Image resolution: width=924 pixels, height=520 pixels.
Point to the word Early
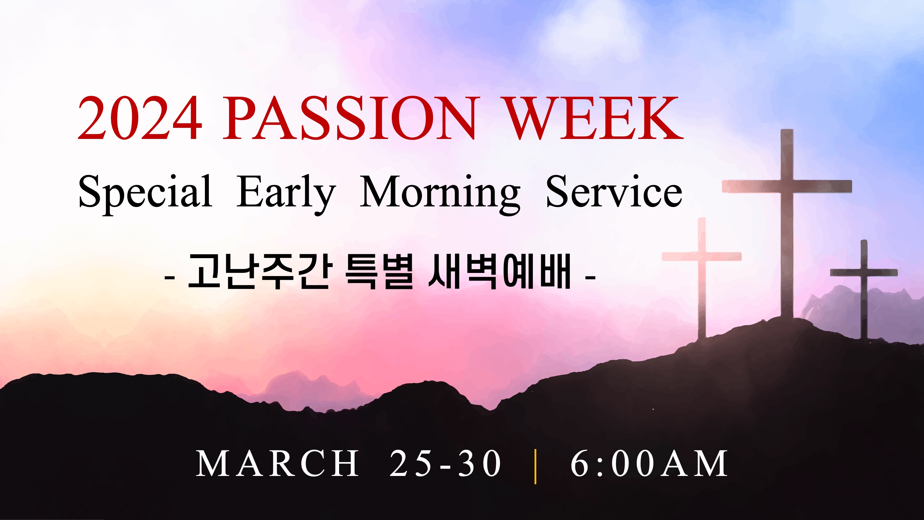[286, 194]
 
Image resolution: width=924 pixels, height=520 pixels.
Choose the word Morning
[440, 194]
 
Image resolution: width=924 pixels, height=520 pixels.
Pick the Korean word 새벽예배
[499, 271]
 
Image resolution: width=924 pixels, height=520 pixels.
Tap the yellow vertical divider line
[536, 466]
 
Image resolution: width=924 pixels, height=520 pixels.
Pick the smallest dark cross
[864, 289]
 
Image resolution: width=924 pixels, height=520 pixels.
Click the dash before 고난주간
[170, 277]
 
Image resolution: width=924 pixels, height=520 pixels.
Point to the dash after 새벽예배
[590, 277]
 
